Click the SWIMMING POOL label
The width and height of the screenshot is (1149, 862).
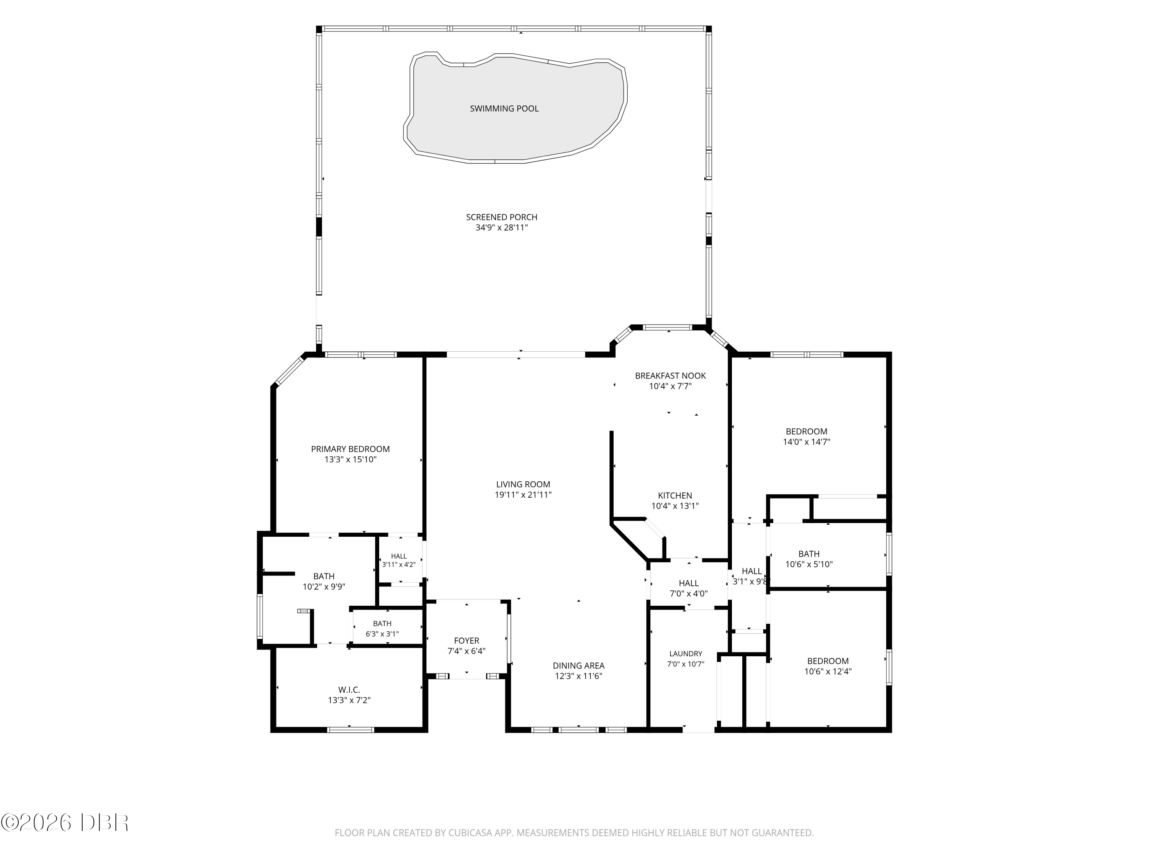[504, 108]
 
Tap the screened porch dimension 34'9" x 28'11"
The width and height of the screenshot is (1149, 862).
[501, 228]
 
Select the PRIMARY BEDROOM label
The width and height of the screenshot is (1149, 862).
[350, 449]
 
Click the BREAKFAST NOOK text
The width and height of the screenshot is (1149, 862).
[670, 376]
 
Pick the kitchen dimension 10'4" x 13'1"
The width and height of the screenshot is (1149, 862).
[675, 506]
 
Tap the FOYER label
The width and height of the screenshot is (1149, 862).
[466, 641]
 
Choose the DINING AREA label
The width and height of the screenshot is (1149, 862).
[578, 665]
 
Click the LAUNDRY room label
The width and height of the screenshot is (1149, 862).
[686, 654]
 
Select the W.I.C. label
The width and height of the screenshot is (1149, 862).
[349, 690]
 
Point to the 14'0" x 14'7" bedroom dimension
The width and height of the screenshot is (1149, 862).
[806, 442]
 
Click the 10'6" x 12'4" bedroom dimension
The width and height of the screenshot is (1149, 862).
[828, 671]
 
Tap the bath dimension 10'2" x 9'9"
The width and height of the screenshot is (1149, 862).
[324, 587]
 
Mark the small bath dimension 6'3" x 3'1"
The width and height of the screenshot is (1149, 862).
[382, 634]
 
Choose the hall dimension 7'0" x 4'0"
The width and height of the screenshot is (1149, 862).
[689, 593]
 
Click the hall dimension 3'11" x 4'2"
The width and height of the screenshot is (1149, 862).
[399, 564]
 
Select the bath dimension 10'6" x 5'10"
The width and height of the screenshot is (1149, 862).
[809, 564]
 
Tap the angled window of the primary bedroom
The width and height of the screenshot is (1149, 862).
[289, 370]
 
